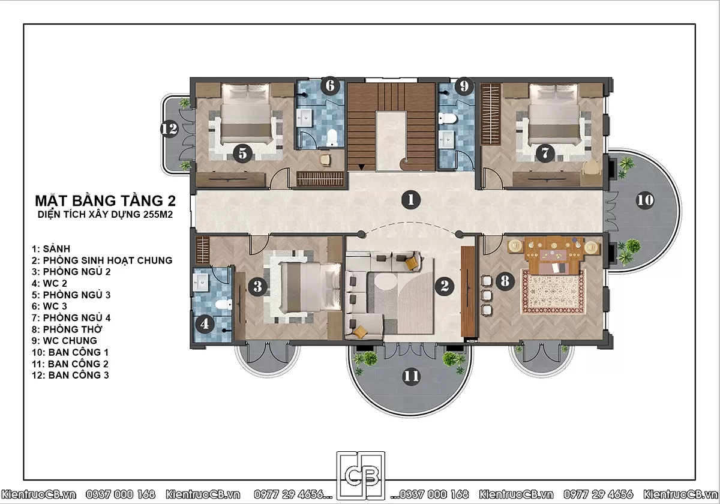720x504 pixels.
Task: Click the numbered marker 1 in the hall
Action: click(x=411, y=200)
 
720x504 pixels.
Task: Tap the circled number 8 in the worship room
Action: click(x=505, y=281)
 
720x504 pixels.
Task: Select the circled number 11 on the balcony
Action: click(x=411, y=376)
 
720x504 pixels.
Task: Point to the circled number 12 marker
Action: click(x=169, y=128)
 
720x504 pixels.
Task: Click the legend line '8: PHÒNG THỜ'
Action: click(x=67, y=329)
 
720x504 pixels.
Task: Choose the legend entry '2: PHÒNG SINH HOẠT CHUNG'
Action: click(x=102, y=260)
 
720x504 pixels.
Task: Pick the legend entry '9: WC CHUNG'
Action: click(x=64, y=340)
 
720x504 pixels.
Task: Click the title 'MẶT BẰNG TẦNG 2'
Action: click(x=106, y=200)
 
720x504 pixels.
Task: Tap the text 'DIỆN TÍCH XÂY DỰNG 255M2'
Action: click(x=105, y=214)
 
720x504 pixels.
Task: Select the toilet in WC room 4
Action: click(x=223, y=304)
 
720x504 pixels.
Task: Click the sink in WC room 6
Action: click(x=304, y=118)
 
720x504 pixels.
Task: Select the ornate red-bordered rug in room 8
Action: click(x=553, y=292)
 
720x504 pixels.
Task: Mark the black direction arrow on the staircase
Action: click(x=362, y=167)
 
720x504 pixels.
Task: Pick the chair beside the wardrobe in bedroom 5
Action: click(x=325, y=160)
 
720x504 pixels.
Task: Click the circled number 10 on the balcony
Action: click(x=645, y=200)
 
